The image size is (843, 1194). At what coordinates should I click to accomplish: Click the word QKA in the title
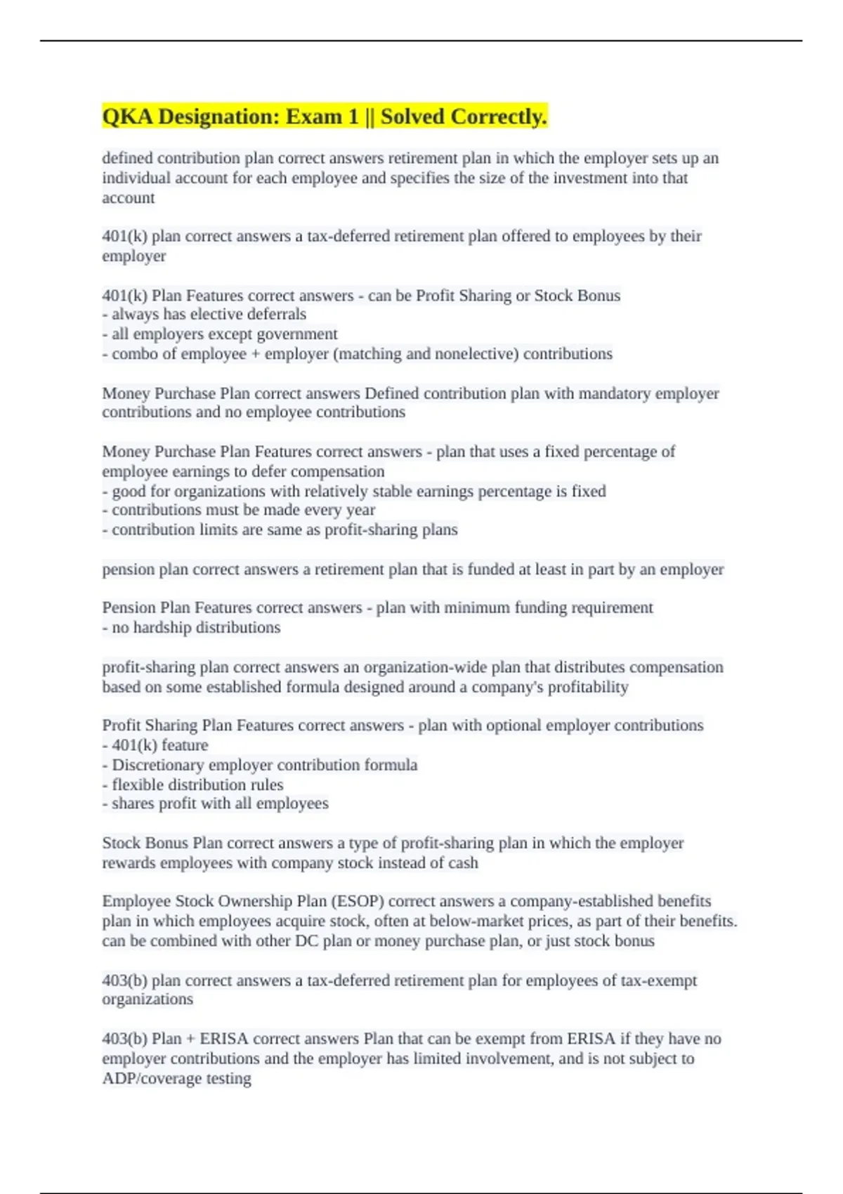coord(127,117)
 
